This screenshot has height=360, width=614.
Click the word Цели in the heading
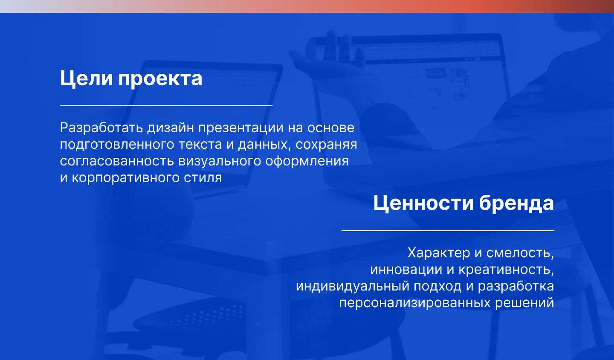(86, 79)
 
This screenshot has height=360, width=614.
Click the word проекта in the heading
(160, 80)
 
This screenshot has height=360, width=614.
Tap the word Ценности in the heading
(423, 204)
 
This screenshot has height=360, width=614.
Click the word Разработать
(101, 128)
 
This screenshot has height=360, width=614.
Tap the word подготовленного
(117, 145)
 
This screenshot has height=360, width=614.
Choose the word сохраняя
(326, 145)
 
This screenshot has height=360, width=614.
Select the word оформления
(307, 162)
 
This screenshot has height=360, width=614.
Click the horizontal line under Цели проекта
(166, 105)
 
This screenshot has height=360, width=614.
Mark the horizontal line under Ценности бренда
(448, 231)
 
